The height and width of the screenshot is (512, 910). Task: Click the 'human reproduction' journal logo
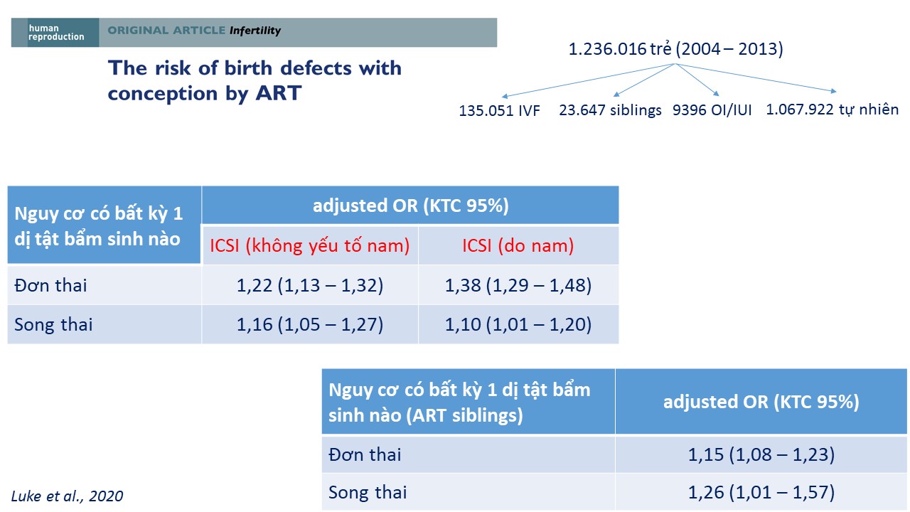coord(56,33)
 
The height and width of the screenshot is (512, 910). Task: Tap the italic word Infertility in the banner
coord(255,31)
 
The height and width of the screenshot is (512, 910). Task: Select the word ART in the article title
coord(278,93)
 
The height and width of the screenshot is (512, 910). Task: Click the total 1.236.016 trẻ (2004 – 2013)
coord(675,49)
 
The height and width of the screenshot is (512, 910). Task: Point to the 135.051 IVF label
coord(499,110)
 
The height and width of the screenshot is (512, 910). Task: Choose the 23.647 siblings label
coord(610,110)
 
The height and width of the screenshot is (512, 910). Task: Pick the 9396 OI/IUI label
coord(712,110)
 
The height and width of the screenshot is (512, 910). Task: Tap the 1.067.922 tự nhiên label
coord(832,110)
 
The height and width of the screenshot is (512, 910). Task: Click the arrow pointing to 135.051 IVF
coord(588,80)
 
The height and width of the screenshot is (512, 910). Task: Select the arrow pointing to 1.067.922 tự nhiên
coord(756,78)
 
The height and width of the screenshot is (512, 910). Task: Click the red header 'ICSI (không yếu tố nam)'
coord(309,246)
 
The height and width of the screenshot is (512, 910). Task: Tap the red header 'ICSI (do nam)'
coord(518,246)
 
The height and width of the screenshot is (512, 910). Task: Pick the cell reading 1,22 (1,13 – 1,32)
coord(309,285)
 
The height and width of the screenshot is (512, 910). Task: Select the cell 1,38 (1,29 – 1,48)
coord(518,285)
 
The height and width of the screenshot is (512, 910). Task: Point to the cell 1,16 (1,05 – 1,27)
coord(309,324)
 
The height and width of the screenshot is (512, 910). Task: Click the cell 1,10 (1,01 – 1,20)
coord(518,324)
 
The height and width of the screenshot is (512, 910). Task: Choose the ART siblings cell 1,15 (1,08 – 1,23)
coord(761,454)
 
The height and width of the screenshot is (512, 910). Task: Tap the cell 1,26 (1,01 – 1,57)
coord(761,492)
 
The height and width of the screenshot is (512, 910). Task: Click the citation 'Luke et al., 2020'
coord(67,496)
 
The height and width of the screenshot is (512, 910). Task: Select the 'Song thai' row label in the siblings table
coord(368,493)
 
